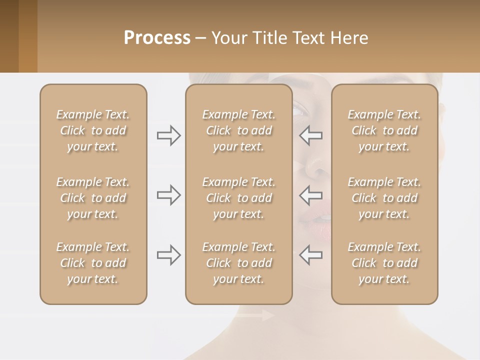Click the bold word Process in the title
pos(157,37)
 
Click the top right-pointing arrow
pos(169,135)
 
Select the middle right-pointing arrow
pos(169,195)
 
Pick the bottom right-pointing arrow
pos(169,255)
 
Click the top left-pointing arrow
pos(310,135)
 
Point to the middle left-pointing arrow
pos(310,195)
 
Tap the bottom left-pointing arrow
pos(310,255)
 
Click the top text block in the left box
pos(93,130)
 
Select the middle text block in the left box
pos(93,198)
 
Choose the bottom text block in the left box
pos(93,263)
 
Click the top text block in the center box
pos(239,130)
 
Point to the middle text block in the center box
pos(239,198)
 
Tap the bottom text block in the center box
pos(239,263)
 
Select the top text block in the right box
pos(384,130)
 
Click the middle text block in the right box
pos(384,198)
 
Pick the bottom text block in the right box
pos(384,263)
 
